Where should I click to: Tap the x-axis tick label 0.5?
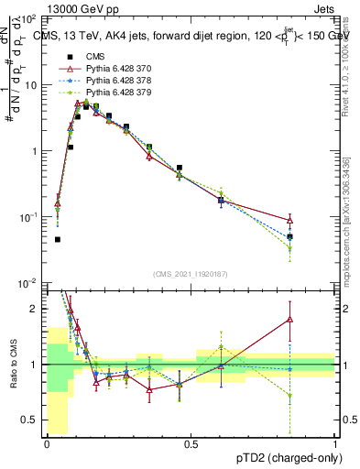click(x=191, y=443)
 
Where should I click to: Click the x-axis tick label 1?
click(x=335, y=443)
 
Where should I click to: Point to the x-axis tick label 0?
click(x=47, y=443)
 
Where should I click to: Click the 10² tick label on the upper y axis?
click(x=29, y=19)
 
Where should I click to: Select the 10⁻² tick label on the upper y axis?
click(x=29, y=282)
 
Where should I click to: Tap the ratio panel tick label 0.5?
click(x=29, y=421)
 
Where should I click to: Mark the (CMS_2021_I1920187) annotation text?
click(x=190, y=273)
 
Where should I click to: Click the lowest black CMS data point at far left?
click(x=58, y=240)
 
